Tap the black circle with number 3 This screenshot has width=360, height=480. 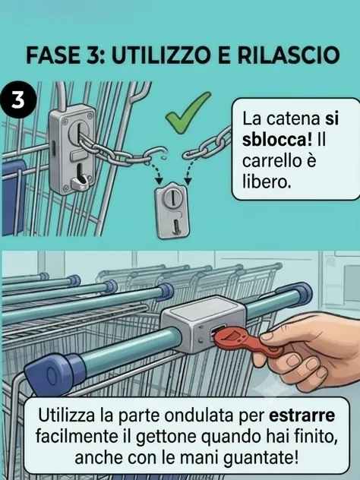[x=18, y=99]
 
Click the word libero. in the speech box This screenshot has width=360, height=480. [x=266, y=182]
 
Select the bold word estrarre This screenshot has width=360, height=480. [x=302, y=416]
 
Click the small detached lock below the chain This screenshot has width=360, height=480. [x=172, y=211]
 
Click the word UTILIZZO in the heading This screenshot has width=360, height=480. [x=162, y=55]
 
